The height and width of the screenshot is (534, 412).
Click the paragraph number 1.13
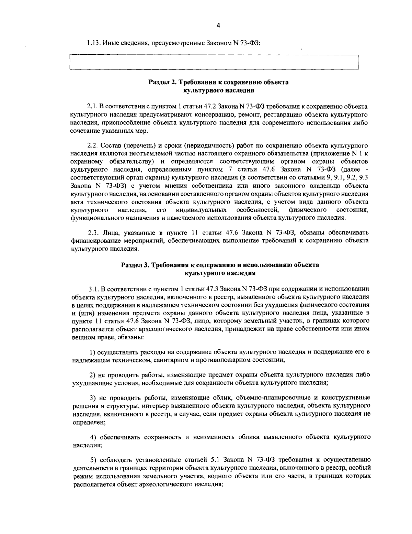tap(92, 44)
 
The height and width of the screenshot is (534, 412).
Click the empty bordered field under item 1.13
tap(214, 62)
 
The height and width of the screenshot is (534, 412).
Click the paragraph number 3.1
tap(93, 288)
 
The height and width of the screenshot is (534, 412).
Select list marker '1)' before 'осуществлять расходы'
tap(92, 352)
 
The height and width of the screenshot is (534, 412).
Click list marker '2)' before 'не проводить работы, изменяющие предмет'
tap(92, 374)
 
